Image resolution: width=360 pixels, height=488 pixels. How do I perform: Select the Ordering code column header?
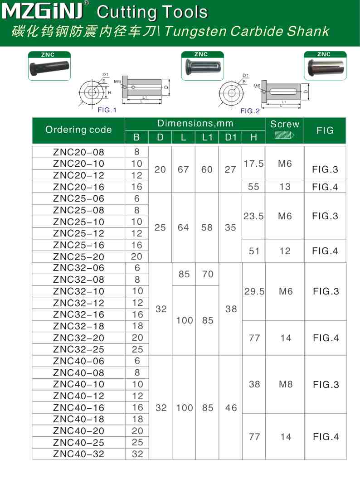78,130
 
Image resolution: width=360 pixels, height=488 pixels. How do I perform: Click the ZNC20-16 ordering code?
78,187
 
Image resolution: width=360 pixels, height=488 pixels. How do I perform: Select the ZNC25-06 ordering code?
78,198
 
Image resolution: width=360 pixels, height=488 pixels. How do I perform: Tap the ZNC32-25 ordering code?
78,349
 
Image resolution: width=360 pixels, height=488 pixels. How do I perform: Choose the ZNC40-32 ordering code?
78,454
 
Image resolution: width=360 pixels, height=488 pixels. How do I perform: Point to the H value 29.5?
254,291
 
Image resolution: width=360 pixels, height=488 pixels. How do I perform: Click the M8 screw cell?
286,384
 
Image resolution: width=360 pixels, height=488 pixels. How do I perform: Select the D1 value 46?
231,408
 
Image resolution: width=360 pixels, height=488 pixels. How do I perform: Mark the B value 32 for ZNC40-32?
137,454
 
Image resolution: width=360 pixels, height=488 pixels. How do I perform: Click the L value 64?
183,227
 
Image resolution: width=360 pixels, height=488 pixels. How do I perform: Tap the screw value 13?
285,187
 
